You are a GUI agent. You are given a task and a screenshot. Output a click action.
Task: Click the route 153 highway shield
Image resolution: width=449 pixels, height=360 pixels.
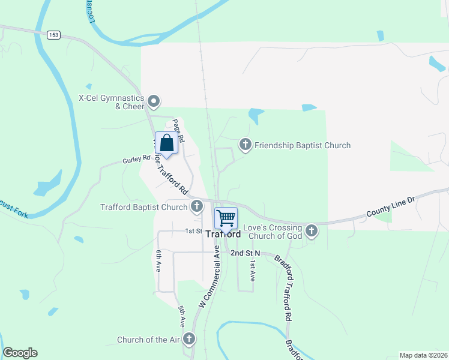point(54,35)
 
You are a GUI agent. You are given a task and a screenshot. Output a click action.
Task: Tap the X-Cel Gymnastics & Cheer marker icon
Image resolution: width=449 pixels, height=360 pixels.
point(154,101)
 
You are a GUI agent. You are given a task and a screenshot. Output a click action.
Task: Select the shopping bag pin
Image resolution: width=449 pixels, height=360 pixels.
point(167,143)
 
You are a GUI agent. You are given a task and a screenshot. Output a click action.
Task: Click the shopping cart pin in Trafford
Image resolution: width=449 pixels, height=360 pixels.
point(226,218)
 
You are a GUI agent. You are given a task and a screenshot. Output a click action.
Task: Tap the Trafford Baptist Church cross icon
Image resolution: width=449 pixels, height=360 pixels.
point(196,207)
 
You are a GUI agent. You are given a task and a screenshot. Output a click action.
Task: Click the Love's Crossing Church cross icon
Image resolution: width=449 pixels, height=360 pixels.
point(311,230)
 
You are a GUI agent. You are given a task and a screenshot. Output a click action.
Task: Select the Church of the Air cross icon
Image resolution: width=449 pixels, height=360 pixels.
point(188,339)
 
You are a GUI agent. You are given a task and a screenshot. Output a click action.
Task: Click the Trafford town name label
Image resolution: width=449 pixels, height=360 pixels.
point(223,234)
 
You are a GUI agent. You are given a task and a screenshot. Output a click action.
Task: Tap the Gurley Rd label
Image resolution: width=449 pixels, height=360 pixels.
point(136,160)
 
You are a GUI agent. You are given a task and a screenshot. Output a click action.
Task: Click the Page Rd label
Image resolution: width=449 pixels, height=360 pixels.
point(178,130)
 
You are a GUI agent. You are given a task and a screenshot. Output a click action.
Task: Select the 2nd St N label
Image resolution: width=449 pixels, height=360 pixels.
point(246,253)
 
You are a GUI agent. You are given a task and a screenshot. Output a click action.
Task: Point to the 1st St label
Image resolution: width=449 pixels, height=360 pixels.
point(193,231)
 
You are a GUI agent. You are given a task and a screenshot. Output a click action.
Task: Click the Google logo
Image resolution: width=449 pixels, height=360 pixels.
point(20,353)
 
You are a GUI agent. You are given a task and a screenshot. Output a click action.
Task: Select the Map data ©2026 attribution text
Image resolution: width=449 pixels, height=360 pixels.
point(423,355)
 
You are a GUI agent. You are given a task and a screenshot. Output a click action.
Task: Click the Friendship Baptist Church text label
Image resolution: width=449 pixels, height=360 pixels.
point(303,145)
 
